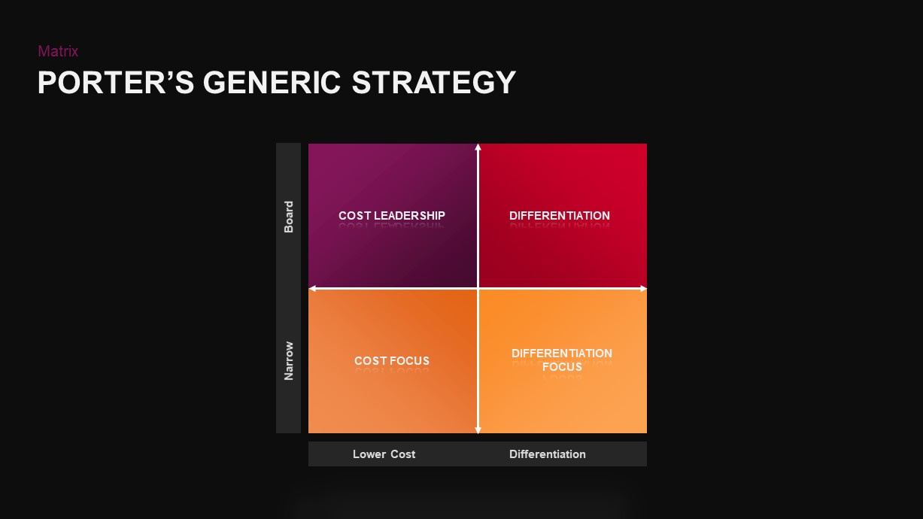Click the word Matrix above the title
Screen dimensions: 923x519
click(58, 51)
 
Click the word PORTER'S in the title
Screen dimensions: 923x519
click(116, 83)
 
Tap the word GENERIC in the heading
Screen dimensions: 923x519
click(272, 83)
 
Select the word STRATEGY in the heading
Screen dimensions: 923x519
click(433, 83)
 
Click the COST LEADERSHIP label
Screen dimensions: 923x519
click(392, 215)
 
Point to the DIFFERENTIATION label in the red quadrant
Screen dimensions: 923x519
click(560, 215)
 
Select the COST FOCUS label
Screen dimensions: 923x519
click(392, 361)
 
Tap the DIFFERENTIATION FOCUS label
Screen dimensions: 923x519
click(562, 360)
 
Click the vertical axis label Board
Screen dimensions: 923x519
click(288, 217)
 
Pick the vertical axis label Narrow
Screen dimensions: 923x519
click(288, 361)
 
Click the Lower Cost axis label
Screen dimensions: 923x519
click(384, 454)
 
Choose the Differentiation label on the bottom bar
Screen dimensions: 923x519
click(547, 454)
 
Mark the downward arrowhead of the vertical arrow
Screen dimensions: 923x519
click(478, 431)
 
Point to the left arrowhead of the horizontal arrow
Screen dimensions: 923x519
click(311, 289)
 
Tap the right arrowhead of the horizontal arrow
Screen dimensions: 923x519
click(644, 289)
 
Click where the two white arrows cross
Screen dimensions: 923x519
click(478, 289)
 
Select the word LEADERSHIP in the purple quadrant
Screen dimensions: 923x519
click(409, 215)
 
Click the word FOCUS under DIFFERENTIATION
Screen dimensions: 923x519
click(562, 366)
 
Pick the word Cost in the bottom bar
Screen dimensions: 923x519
click(403, 454)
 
